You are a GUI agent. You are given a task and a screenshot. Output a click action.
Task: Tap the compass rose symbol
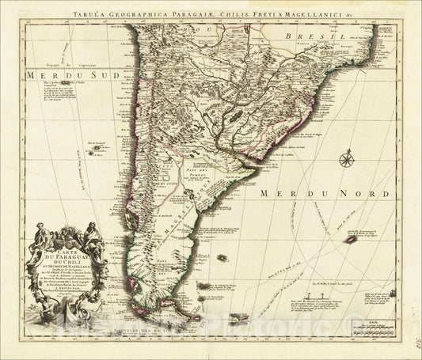click(x=346, y=161)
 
